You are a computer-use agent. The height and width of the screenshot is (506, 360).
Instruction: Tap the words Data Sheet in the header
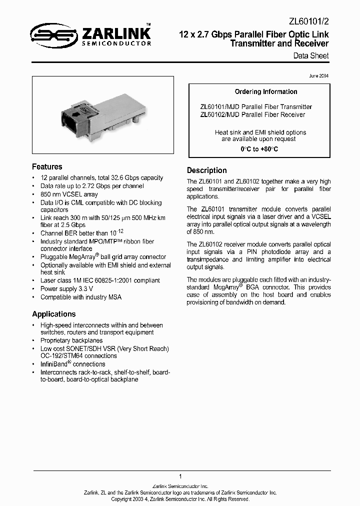pyautogui.click(x=311, y=55)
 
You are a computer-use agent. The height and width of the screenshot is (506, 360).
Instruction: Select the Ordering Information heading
pyautogui.click(x=259, y=92)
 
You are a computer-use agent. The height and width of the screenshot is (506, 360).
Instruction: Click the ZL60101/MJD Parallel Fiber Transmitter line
pyautogui.click(x=255, y=106)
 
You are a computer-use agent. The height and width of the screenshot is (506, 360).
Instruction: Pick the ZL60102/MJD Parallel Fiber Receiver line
pyautogui.click(x=252, y=114)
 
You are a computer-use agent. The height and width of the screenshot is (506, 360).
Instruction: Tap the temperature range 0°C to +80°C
pyautogui.click(x=259, y=149)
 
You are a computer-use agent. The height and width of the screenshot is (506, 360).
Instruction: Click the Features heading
pyautogui.click(x=47, y=167)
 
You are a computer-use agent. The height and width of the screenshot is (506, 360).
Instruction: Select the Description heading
pyautogui.click(x=206, y=170)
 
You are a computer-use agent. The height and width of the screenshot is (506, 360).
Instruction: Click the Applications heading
pyautogui.click(x=53, y=314)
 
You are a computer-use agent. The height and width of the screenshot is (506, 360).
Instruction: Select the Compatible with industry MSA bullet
pyautogui.click(x=80, y=297)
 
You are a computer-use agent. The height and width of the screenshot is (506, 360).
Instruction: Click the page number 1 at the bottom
pyautogui.click(x=180, y=476)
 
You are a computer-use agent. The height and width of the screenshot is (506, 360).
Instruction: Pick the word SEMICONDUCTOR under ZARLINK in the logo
pyautogui.click(x=115, y=43)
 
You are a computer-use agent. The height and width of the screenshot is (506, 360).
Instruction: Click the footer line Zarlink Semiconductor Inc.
pyautogui.click(x=180, y=486)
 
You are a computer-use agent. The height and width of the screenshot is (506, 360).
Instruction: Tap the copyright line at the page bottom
pyautogui.click(x=180, y=499)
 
